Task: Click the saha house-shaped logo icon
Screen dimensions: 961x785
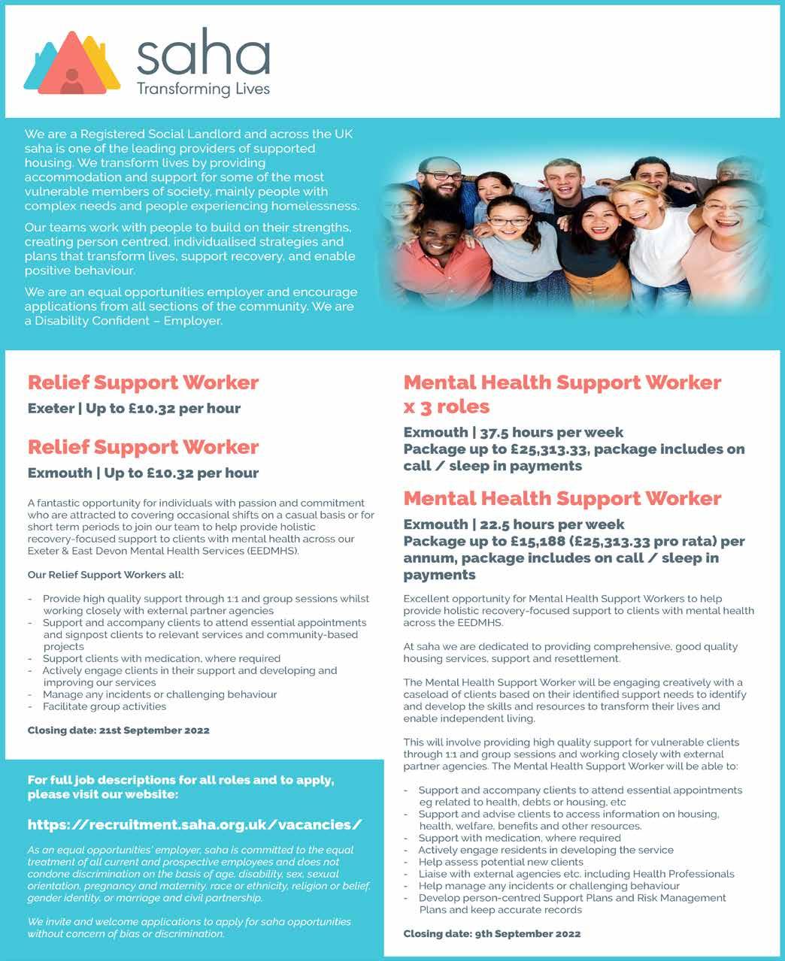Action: click(72, 62)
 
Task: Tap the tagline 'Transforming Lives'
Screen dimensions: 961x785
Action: click(202, 89)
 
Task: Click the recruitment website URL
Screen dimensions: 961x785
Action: click(195, 824)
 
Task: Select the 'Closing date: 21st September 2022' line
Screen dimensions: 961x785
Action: click(119, 730)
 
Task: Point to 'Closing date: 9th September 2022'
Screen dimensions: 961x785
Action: click(492, 934)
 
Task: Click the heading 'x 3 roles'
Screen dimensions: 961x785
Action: click(447, 406)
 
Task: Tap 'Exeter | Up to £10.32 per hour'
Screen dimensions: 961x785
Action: click(134, 409)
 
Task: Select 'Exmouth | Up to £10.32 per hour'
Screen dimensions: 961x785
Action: click(143, 473)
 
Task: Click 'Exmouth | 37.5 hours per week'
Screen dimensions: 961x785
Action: click(513, 432)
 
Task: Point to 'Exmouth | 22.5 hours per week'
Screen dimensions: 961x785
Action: click(514, 524)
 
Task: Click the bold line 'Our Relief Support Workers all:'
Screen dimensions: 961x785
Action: click(105, 575)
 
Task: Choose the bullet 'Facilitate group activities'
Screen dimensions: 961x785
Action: click(105, 706)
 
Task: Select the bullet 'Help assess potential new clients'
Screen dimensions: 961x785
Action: click(501, 862)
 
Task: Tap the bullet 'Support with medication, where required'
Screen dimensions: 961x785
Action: click(520, 838)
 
